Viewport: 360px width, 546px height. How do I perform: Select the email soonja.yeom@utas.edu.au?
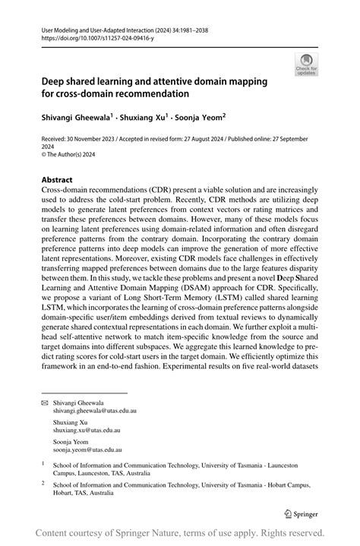coord(88,449)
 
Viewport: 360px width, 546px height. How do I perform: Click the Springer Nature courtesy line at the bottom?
coord(180,532)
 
